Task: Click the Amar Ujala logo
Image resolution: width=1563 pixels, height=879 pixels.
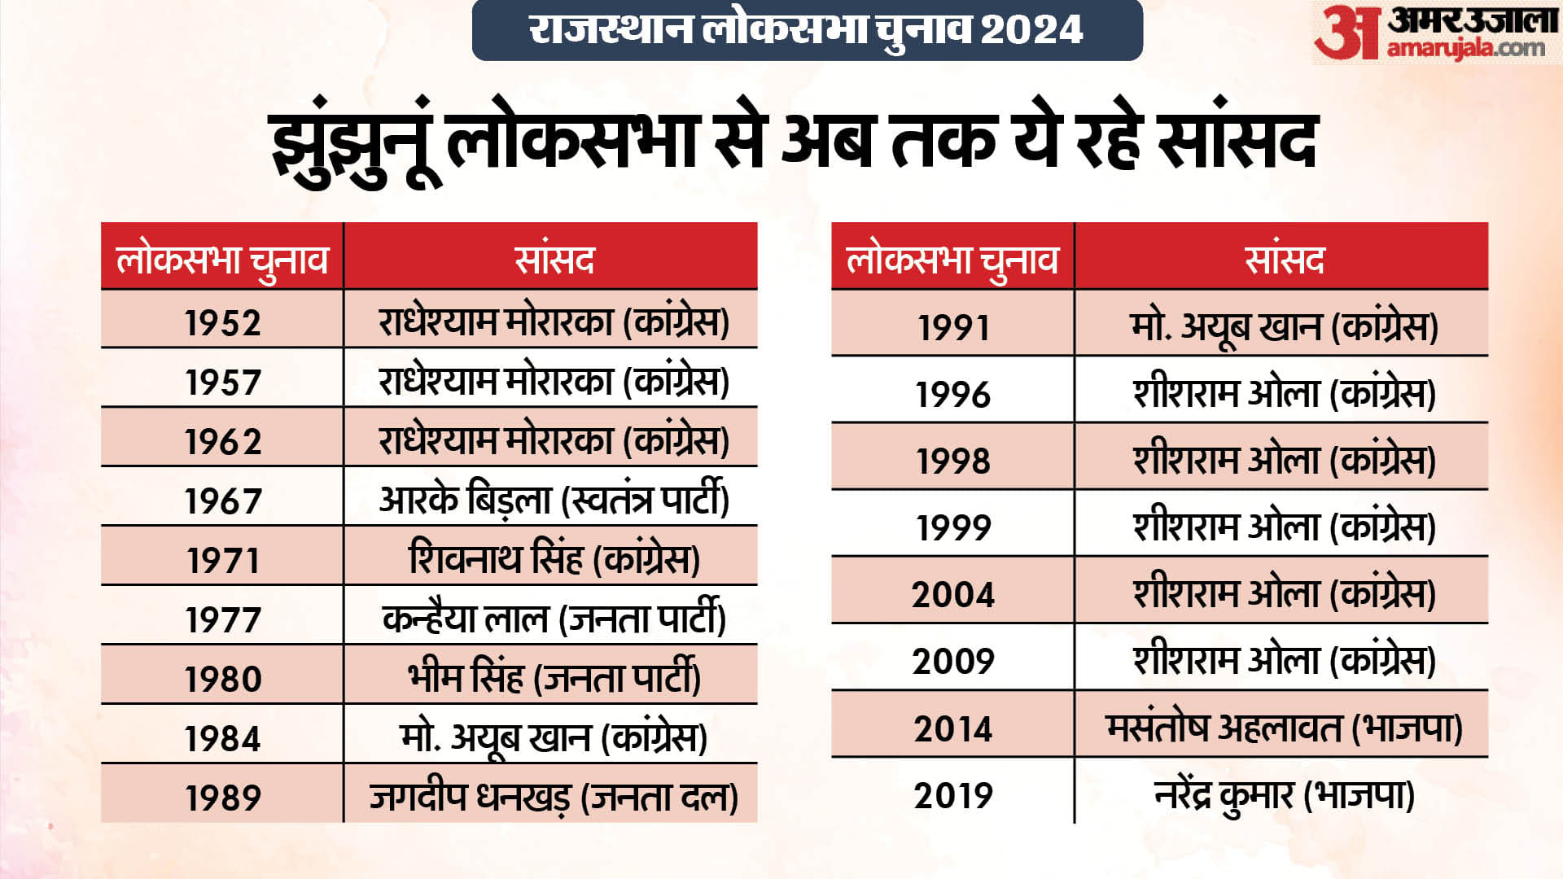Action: (x=1437, y=33)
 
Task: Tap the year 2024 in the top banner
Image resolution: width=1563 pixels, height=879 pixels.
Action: (x=1031, y=30)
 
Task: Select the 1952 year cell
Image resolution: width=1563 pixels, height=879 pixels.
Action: (x=222, y=320)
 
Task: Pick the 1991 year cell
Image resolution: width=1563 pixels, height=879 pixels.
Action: (x=952, y=324)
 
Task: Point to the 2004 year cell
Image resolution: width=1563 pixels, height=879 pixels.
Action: (x=952, y=591)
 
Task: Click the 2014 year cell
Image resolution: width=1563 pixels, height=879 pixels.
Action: (x=952, y=724)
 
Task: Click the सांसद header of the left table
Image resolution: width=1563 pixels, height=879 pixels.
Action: (x=551, y=256)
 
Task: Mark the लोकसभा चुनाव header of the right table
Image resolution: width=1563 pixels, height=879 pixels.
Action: (x=952, y=256)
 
